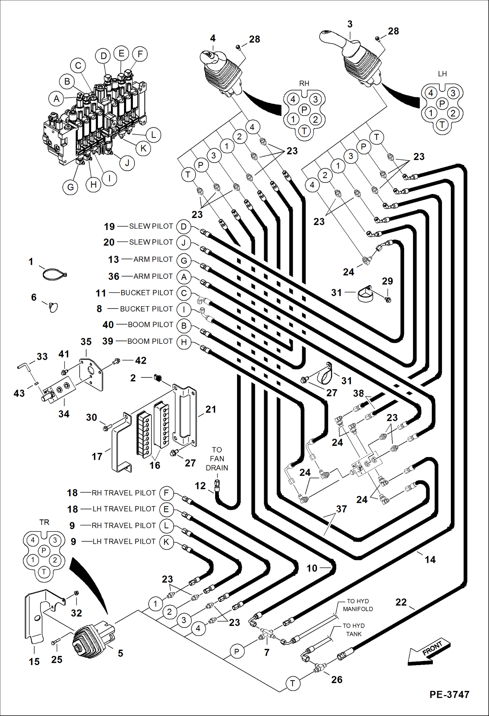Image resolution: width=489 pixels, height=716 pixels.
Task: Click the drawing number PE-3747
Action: [x=449, y=694]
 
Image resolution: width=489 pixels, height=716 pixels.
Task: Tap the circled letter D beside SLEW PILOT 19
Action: [x=184, y=227]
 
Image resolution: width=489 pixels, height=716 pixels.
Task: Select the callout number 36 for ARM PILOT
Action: [x=114, y=277]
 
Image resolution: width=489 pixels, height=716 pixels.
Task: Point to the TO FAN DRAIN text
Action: [x=217, y=459]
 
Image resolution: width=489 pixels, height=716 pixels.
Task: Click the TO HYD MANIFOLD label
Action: [x=358, y=605]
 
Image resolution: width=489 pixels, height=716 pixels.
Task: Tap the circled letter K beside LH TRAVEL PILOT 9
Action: [x=166, y=542]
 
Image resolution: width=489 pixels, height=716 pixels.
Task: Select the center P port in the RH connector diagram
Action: [x=304, y=109]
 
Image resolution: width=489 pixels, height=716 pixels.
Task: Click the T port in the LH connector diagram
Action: [x=442, y=124]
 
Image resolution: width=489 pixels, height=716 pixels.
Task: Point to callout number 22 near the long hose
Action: [x=401, y=602]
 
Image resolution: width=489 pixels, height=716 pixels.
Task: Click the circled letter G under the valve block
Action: [x=71, y=187]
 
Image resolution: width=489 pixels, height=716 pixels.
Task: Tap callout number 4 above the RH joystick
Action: [x=213, y=39]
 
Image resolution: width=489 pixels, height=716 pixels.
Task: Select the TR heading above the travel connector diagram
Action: [x=44, y=522]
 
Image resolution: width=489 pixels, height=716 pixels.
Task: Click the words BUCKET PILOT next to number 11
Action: [x=147, y=293]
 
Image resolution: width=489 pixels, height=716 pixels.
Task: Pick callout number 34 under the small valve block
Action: [x=64, y=414]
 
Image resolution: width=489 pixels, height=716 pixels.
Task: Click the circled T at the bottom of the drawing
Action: [x=292, y=683]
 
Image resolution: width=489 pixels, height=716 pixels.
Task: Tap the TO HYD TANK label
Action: [x=354, y=630]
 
